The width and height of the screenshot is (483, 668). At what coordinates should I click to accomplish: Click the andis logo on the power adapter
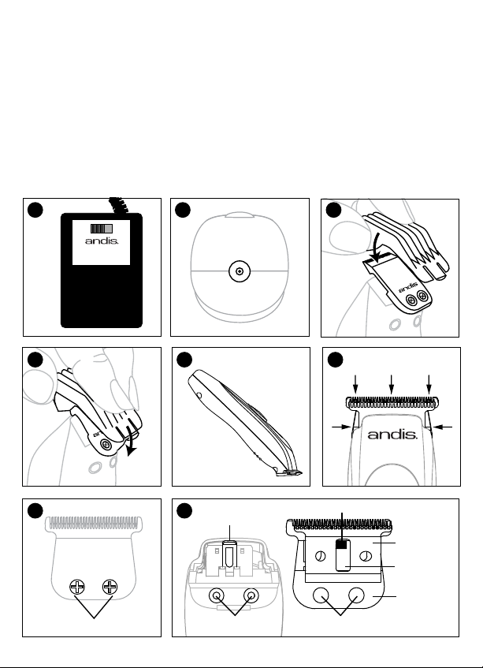[x=102, y=241]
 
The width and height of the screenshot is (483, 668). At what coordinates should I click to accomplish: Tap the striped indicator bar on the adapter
[x=102, y=228]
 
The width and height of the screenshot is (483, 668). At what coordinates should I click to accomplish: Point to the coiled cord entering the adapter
[x=118, y=205]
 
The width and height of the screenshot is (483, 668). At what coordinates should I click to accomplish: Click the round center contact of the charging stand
[x=240, y=271]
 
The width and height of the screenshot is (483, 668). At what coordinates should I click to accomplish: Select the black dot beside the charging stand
[x=183, y=210]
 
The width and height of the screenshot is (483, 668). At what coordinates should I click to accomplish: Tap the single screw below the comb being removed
[x=106, y=445]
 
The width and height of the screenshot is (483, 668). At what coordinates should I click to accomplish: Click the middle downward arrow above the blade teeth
[x=392, y=384]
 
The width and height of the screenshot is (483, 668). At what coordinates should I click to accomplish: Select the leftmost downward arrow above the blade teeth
[x=355, y=384]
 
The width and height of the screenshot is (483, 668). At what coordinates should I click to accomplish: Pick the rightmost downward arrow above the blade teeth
[x=429, y=384]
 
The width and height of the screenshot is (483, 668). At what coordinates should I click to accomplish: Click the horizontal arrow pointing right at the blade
[x=341, y=427]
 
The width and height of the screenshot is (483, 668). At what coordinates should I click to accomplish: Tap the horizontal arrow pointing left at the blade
[x=444, y=427]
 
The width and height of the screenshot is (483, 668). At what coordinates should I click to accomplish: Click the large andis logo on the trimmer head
[x=392, y=434]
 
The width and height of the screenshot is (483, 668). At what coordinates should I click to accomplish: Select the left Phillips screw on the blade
[x=77, y=587]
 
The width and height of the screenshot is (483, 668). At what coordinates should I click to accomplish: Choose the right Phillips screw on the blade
[x=110, y=587]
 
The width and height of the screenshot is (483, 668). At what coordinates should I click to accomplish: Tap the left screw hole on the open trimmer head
[x=217, y=595]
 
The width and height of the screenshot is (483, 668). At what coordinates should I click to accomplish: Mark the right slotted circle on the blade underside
[x=366, y=556]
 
